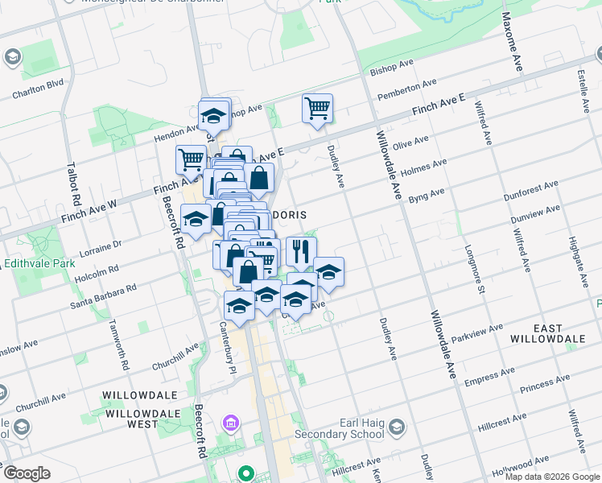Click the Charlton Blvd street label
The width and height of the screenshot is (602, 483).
37,89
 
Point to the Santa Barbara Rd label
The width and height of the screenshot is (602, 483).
103,295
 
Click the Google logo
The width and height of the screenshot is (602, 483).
27,473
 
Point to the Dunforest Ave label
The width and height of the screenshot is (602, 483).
530,191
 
